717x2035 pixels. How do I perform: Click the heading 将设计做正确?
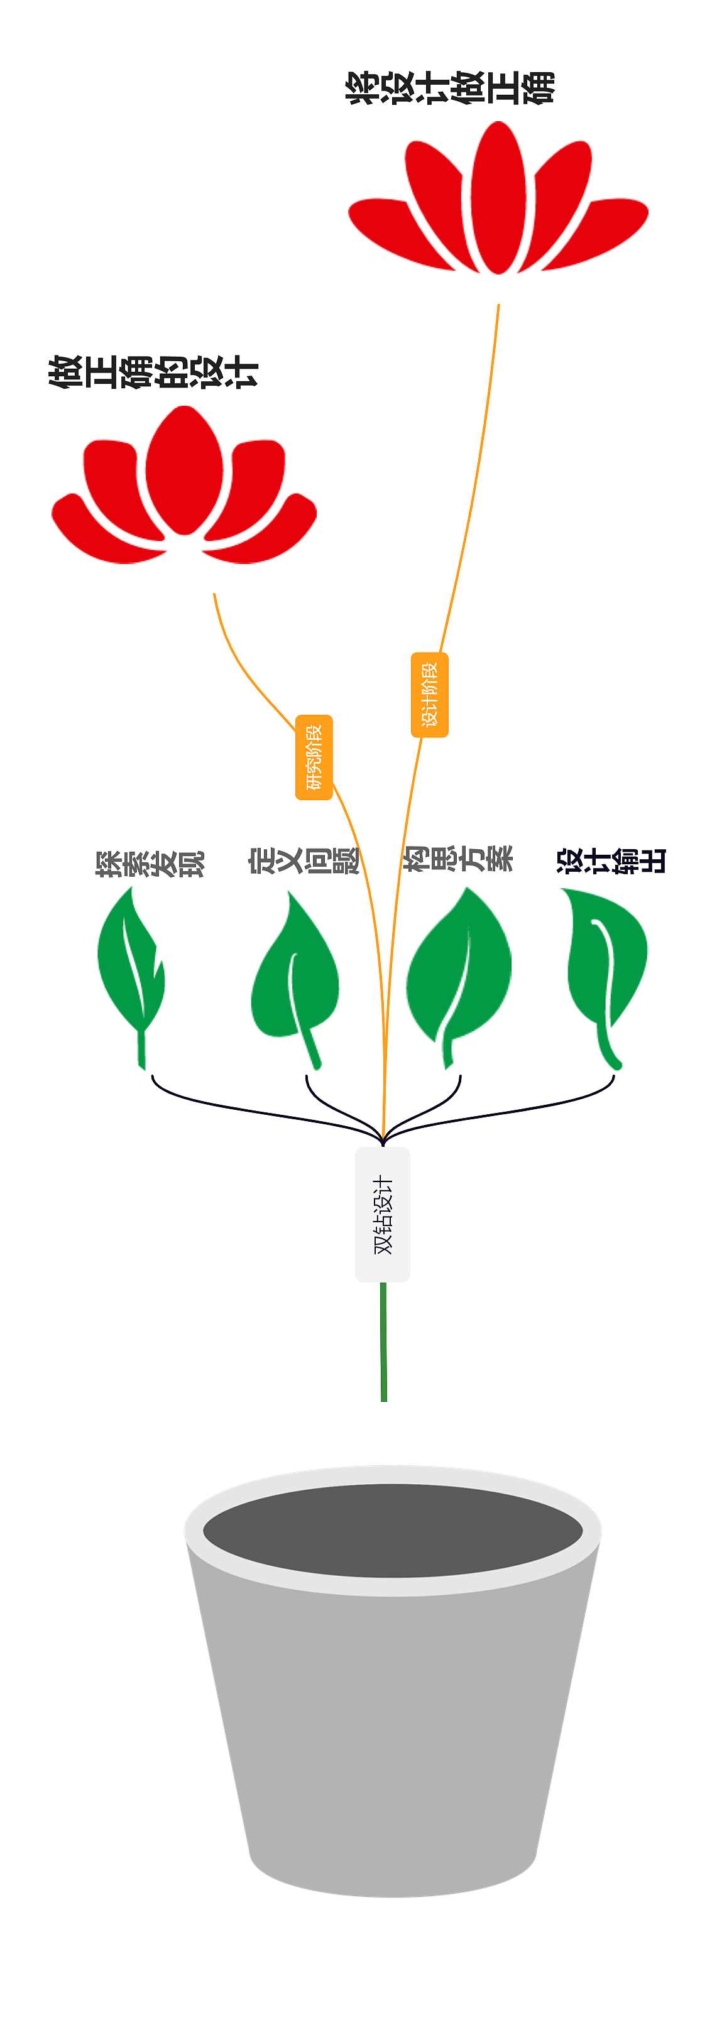tap(450, 88)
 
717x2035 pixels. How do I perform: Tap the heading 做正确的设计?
tap(153, 371)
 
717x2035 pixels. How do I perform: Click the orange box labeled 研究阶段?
tap(314, 757)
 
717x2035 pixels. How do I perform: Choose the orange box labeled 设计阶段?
tap(429, 695)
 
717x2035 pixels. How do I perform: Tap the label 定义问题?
tap(304, 860)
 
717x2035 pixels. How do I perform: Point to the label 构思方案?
tap(459, 859)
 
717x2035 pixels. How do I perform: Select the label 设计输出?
tap(611, 860)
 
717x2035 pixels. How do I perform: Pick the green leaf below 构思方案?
tap(459, 968)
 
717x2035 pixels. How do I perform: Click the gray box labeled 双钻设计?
tap(383, 1214)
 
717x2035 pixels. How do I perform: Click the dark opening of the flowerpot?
tap(392, 1530)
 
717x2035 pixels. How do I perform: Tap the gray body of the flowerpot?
tap(392, 1738)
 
